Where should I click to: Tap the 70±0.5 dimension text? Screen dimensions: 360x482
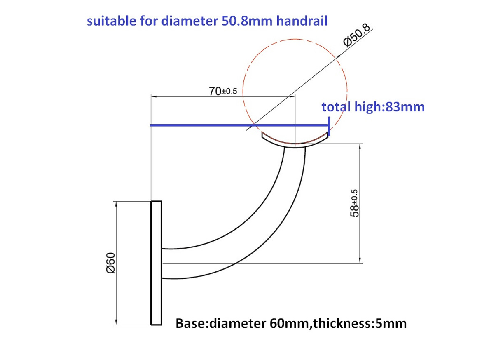(x=223, y=91)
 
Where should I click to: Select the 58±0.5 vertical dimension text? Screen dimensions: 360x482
(x=353, y=203)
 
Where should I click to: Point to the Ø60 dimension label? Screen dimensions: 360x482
(x=110, y=263)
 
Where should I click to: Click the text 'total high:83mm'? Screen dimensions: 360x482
(x=373, y=107)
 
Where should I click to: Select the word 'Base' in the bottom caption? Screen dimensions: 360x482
(x=191, y=323)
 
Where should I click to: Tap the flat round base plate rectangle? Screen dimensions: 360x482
(x=156, y=263)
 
